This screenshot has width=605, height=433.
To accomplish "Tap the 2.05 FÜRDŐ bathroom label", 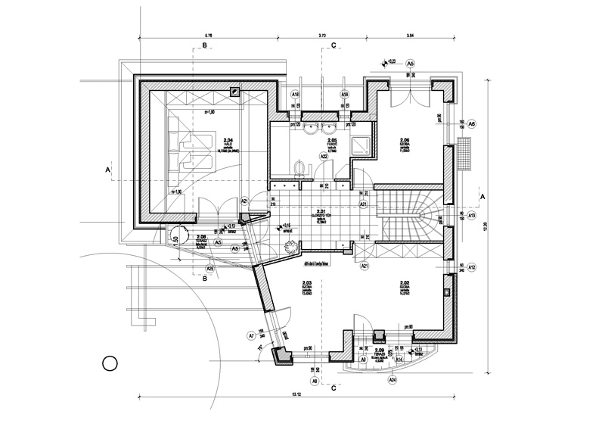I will pos(331,143).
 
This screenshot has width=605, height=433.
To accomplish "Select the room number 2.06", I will pos(404,142).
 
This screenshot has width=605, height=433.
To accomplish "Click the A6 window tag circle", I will pos(471,124).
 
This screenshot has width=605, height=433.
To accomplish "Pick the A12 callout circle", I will pos(471,268).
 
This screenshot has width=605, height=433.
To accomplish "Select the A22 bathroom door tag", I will pos(324,157).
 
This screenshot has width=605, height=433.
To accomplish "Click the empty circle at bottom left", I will pos(109,364).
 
